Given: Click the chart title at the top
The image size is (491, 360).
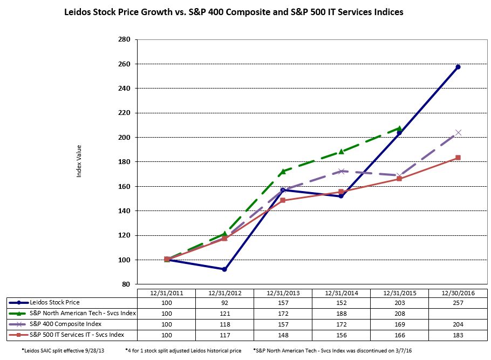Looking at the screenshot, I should click(x=234, y=11).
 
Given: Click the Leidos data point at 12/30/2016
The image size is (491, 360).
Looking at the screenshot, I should click(x=458, y=67).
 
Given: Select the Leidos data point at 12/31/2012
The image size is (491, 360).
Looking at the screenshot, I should click(x=224, y=269).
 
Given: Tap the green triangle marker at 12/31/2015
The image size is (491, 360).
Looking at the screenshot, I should click(x=399, y=128).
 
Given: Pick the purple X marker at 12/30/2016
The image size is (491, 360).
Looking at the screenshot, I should click(x=458, y=132).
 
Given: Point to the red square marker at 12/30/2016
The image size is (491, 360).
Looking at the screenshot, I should click(x=458, y=158).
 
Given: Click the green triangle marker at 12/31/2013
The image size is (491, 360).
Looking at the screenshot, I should click(x=283, y=172).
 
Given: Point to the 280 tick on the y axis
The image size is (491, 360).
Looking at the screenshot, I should click(x=124, y=39).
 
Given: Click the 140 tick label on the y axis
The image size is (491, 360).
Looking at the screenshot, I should click(x=124, y=211).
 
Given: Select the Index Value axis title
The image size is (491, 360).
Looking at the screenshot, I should click(x=79, y=161).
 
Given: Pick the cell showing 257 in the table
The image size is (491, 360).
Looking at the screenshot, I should click(x=458, y=303).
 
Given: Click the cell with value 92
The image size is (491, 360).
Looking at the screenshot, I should click(x=224, y=303).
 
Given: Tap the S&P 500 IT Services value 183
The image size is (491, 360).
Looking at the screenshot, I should click(x=458, y=334).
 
